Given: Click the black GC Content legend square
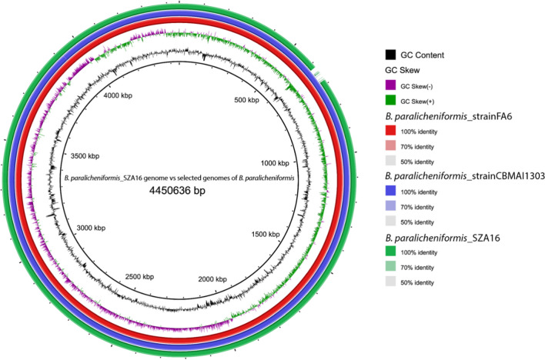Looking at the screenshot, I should [392, 55].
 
